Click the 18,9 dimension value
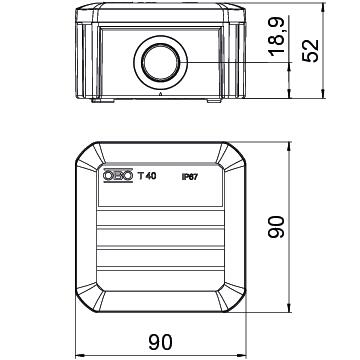[277, 37]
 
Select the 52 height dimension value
[311, 51]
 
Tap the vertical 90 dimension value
[276, 227]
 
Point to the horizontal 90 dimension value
[161, 342]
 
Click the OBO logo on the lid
[118, 176]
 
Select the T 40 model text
[147, 176]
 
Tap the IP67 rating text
[190, 178]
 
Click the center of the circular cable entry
[161, 62]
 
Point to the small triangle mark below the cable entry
[161, 94]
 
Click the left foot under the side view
[103, 100]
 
